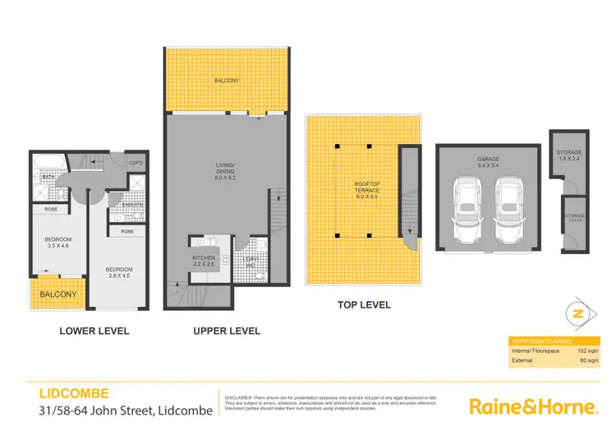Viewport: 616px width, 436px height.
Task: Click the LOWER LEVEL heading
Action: tap(94, 332)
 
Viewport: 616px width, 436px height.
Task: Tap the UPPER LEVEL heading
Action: tap(227, 332)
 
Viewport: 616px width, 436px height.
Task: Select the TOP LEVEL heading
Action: tap(364, 305)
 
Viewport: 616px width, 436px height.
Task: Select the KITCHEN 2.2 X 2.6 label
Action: tap(203, 262)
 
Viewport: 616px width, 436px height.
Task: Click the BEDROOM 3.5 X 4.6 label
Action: tap(57, 244)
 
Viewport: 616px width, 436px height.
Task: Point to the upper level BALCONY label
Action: tap(227, 81)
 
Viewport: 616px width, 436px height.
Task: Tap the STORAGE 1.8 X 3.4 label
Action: tap(570, 156)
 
